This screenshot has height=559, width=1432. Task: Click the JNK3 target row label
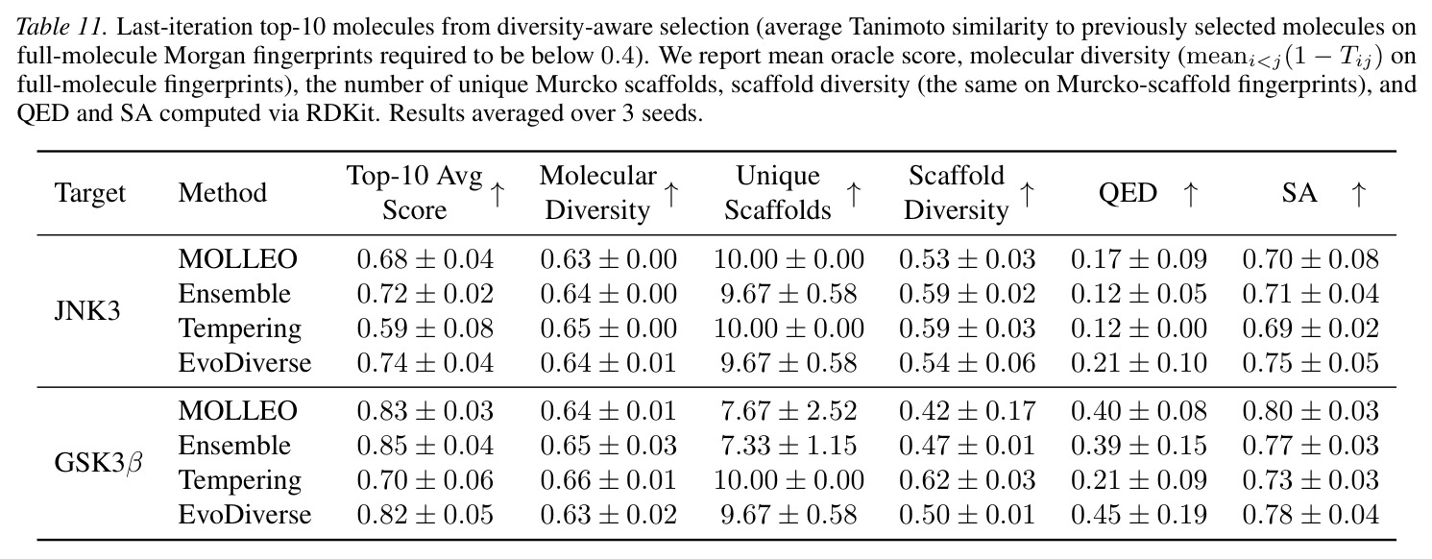click(x=87, y=311)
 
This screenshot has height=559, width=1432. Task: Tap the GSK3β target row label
click(x=98, y=462)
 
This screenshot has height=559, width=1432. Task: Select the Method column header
click(x=223, y=192)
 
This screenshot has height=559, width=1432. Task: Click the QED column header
click(x=1128, y=193)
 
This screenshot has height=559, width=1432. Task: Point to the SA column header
click(x=1299, y=192)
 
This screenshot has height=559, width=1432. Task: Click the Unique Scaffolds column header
click(x=777, y=192)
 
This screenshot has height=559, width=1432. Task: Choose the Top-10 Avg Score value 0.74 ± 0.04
click(x=425, y=363)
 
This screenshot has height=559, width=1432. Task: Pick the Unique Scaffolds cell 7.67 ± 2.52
click(x=789, y=411)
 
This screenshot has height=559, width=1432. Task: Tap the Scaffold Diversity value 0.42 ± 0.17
click(x=967, y=411)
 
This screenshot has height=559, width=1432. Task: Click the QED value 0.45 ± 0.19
click(x=1138, y=514)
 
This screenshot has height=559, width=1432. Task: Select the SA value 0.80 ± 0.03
click(x=1311, y=411)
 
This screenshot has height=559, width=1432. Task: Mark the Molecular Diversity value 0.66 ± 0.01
click(x=609, y=479)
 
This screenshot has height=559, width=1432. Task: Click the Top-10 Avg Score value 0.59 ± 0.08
click(x=425, y=328)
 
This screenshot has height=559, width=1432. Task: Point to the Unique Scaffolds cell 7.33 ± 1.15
click(x=789, y=445)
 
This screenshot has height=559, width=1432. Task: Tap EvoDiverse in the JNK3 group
click(x=245, y=363)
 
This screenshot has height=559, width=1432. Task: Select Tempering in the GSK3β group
click(x=240, y=480)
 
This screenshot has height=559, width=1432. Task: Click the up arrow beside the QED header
click(x=1190, y=194)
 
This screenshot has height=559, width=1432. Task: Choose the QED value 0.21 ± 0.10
click(x=1138, y=363)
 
